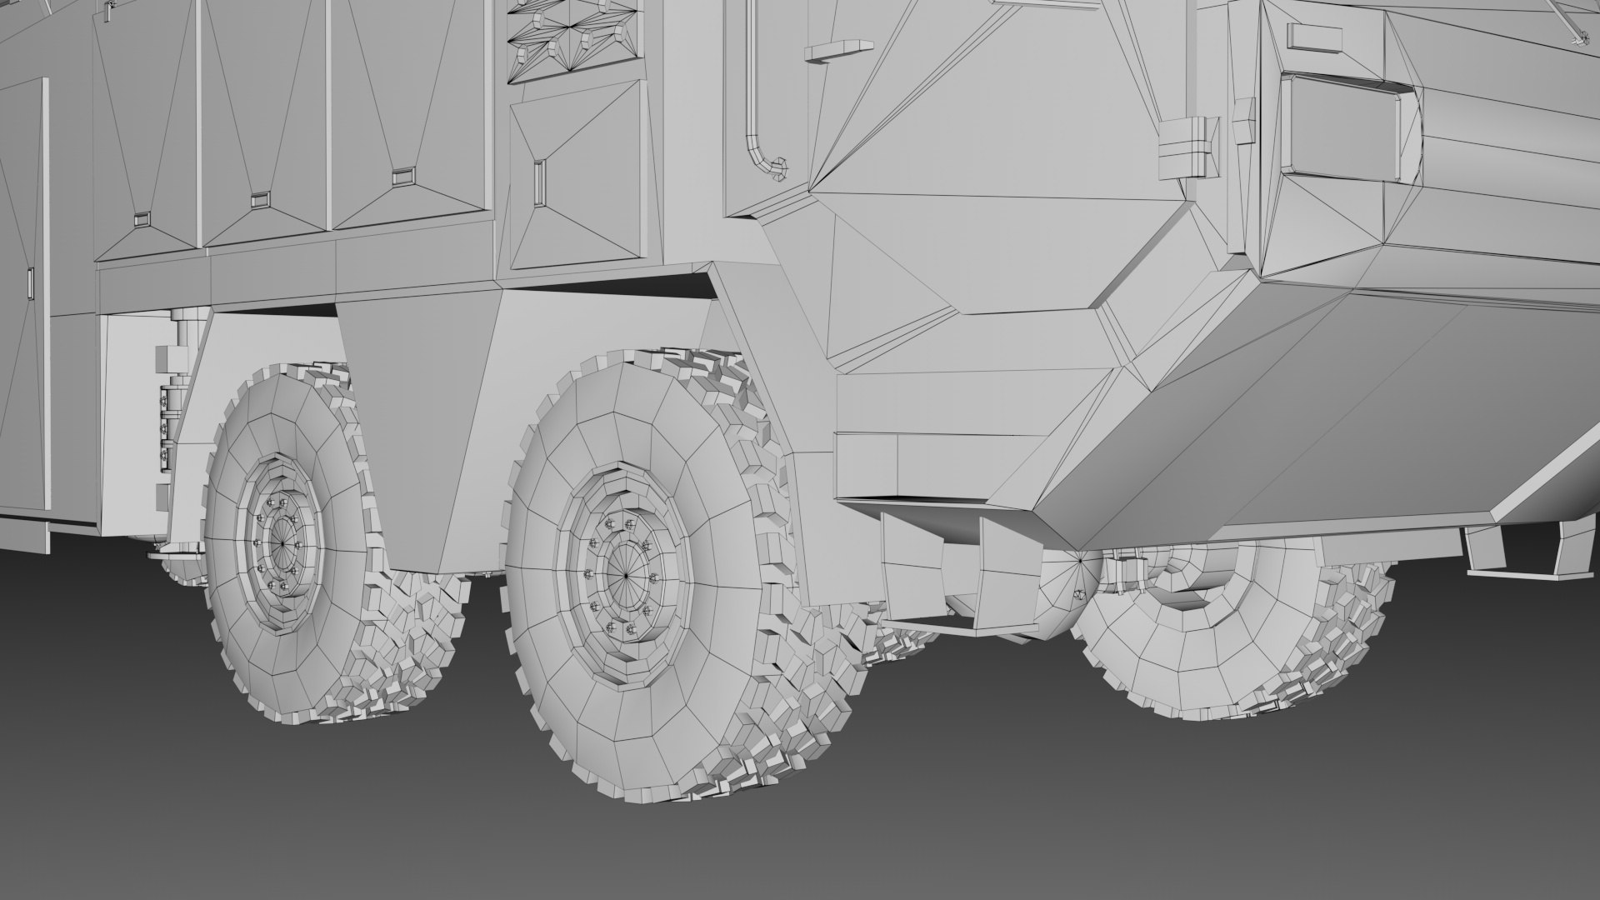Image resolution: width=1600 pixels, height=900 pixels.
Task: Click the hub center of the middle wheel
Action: (624, 575)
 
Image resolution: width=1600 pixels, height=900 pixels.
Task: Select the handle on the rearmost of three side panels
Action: (140, 218)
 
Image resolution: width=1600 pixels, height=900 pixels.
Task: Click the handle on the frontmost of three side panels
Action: (402, 176)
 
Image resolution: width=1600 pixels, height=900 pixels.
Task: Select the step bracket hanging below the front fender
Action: (950, 575)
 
